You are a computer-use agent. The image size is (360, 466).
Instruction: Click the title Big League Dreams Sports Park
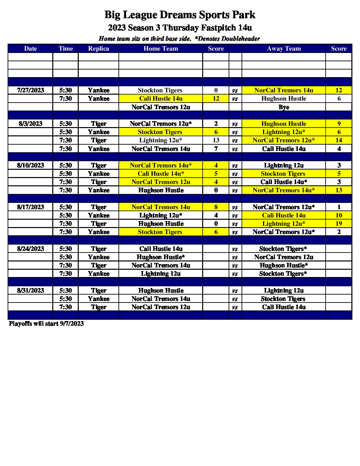tap(180, 15)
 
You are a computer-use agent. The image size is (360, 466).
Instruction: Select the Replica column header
tap(98, 49)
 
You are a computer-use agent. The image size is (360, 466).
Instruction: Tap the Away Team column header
tap(284, 49)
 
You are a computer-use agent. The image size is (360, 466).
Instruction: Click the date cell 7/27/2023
tap(30, 90)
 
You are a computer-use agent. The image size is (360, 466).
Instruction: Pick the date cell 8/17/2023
tap(30, 207)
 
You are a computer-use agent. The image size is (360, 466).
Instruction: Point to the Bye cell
tap(284, 107)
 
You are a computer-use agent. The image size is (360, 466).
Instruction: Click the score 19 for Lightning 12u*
tap(338, 224)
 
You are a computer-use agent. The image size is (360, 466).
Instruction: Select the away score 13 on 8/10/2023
tap(338, 190)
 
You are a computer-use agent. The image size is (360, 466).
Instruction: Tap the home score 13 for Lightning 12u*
tap(216, 140)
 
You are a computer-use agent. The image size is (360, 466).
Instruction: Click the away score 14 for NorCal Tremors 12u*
tap(338, 140)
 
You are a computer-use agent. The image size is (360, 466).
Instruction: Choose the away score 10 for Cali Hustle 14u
tap(338, 215)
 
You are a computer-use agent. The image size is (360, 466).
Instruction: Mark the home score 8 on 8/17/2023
tap(216, 207)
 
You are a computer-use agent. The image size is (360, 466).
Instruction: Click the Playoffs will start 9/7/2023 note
tap(46, 324)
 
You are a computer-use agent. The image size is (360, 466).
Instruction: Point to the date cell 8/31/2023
tap(30, 291)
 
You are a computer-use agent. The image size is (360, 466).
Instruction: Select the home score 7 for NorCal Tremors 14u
tap(216, 149)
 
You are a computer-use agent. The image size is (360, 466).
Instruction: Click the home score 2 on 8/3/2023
tap(216, 124)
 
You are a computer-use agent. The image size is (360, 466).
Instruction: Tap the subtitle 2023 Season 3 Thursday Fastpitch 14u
tap(180, 28)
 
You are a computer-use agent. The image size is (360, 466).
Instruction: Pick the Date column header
tap(30, 49)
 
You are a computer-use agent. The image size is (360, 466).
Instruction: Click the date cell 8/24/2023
tap(30, 249)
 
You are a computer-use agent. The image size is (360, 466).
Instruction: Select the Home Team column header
tap(160, 49)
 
